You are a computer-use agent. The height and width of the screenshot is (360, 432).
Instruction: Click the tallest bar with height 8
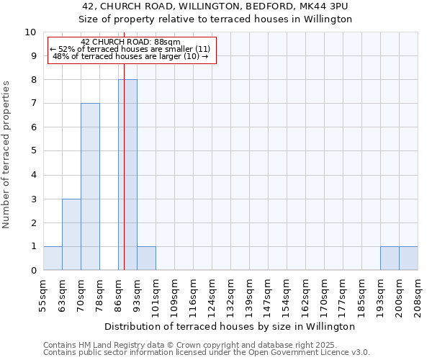[x=127, y=175]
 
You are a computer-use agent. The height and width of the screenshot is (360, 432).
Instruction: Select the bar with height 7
[x=90, y=186]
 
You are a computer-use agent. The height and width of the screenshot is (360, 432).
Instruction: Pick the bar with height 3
[x=71, y=234]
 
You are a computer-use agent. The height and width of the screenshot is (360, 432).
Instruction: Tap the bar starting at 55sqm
[x=53, y=258]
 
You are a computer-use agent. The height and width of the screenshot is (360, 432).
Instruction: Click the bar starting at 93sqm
[x=146, y=258]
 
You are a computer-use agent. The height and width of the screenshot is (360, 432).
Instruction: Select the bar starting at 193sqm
[x=390, y=258]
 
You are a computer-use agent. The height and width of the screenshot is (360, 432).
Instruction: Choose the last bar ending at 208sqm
[x=408, y=258]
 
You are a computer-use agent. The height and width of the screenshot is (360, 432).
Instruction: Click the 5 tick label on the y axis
[x=33, y=151]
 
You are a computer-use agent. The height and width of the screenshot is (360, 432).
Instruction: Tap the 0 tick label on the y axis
[x=33, y=271]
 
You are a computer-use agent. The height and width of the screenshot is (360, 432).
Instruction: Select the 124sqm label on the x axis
[x=212, y=292]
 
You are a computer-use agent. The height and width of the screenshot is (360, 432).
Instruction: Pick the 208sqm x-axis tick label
[x=418, y=292]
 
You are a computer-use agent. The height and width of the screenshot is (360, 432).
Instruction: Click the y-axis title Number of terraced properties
[x=7, y=155]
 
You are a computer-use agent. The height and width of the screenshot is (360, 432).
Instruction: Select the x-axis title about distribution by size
[x=230, y=326]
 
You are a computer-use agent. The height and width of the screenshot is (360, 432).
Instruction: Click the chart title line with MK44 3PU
[x=215, y=6]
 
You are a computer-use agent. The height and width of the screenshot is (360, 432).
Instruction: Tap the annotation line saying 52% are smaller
[x=130, y=49]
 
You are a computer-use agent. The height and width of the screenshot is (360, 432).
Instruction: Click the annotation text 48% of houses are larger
[x=130, y=56]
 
